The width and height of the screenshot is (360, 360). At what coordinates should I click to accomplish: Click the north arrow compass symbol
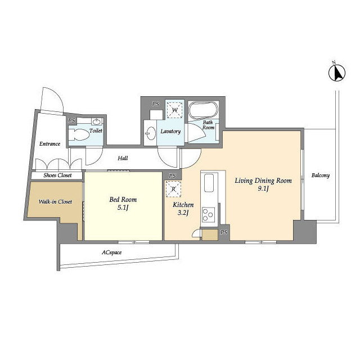(337, 73)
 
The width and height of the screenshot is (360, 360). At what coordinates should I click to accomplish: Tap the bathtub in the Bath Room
(203, 110)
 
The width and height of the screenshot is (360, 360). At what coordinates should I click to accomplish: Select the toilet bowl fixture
(79, 134)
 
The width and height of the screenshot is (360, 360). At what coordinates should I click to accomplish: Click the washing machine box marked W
(174, 110)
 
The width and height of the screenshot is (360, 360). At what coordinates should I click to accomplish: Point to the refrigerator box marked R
(174, 189)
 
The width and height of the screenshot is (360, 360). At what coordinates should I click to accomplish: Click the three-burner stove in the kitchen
(208, 214)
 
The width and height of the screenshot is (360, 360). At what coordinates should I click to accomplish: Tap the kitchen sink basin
(209, 183)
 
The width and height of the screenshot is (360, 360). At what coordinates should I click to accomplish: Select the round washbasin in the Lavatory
(151, 133)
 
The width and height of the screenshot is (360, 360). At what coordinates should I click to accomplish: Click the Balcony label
(321, 175)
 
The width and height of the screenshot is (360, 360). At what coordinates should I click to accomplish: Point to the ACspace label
(111, 253)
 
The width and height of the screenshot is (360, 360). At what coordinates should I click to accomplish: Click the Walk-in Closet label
(55, 201)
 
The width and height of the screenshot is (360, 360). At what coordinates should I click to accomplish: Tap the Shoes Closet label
(57, 175)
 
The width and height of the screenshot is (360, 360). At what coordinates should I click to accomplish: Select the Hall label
(123, 158)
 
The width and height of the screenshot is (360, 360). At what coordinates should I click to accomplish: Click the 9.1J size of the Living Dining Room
(263, 189)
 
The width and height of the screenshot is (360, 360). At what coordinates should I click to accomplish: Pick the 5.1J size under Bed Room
(123, 208)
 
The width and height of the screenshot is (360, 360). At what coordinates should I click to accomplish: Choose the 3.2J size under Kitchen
(183, 213)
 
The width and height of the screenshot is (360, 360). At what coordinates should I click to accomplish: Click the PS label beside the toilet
(71, 120)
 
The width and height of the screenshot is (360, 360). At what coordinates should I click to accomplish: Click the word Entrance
(49, 144)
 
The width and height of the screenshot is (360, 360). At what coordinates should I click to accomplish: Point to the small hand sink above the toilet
(97, 121)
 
